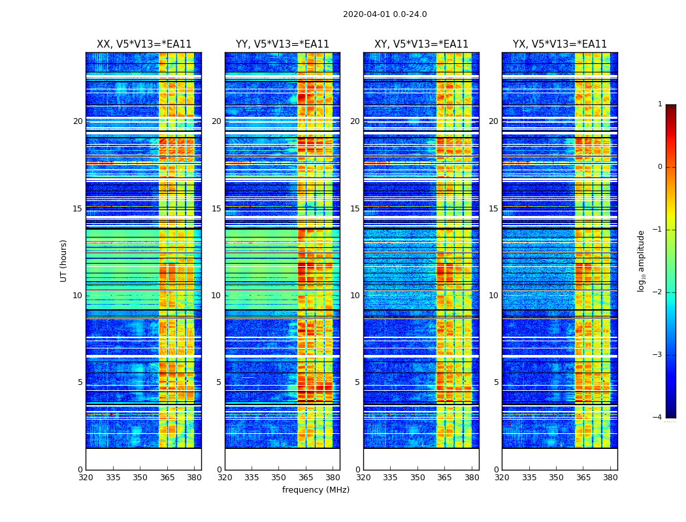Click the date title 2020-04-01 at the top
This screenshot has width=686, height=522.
[385, 14]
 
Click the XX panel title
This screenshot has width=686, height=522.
[144, 44]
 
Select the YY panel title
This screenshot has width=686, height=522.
[282, 44]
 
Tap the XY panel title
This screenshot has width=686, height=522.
[421, 44]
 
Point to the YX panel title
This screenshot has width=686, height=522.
[560, 44]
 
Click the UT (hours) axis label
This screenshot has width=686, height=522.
[63, 260]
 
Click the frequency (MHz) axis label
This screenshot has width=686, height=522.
[316, 490]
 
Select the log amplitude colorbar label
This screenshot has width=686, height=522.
[642, 260]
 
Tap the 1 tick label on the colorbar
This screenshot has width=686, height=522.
[660, 104]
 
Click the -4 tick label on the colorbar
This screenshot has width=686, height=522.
[658, 418]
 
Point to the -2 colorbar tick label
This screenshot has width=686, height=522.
[658, 292]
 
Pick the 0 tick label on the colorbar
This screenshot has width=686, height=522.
[660, 167]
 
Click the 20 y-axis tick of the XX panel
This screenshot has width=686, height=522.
[78, 121]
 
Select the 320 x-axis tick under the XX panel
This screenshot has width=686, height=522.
[86, 478]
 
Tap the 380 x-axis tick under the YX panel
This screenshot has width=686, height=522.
[610, 478]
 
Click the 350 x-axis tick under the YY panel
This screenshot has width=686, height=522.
[279, 478]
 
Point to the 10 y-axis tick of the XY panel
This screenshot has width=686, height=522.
[355, 296]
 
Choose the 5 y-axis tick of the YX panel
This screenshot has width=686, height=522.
[496, 382]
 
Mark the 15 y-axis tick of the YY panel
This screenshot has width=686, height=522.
[216, 209]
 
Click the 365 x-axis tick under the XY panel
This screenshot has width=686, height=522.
[444, 478]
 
